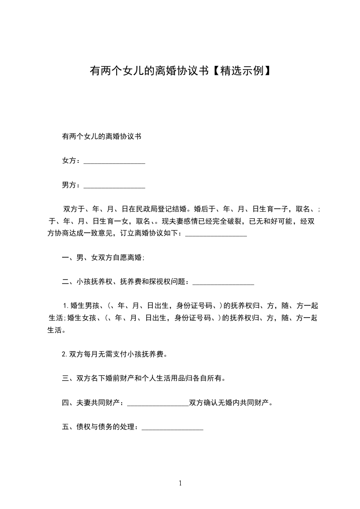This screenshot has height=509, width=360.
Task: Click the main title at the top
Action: (180, 71)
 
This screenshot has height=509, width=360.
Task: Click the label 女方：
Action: (72, 161)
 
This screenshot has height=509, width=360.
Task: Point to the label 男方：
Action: (72, 185)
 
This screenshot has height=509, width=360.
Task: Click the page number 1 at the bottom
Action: (180, 483)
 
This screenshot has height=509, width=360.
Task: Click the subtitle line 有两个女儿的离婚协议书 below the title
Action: (102, 136)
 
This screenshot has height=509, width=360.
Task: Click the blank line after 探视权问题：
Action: (223, 282)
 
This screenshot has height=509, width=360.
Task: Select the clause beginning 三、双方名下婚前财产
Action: (144, 378)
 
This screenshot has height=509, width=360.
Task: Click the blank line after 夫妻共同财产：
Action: (158, 403)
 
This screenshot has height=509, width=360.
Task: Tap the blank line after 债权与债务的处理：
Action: (173, 427)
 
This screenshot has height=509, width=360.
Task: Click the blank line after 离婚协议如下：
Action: (217, 234)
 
